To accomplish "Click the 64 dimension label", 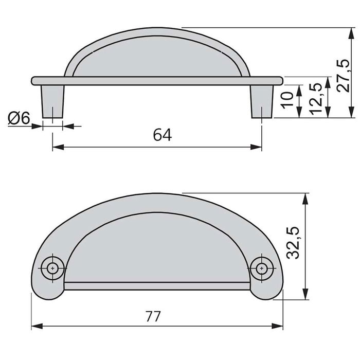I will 161,135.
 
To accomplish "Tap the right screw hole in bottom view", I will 262,267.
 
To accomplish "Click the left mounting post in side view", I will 53,100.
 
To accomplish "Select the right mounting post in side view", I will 262,100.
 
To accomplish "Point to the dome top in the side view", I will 157,31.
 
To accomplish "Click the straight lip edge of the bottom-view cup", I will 157,283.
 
